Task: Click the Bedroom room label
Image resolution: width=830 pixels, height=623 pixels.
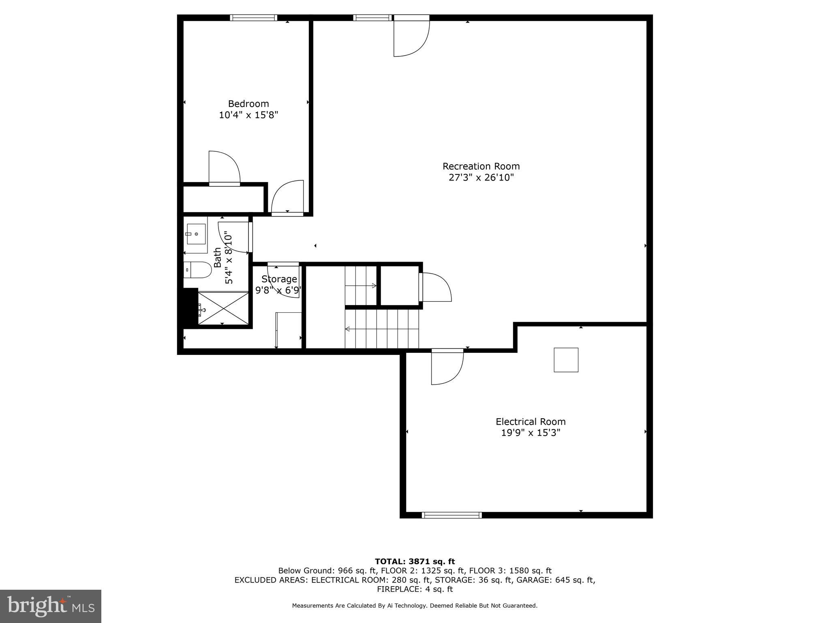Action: pyautogui.click(x=248, y=104)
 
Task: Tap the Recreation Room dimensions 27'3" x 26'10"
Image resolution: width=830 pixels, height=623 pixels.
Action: pyautogui.click(x=481, y=178)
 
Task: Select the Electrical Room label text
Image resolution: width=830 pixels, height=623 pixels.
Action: pyautogui.click(x=531, y=422)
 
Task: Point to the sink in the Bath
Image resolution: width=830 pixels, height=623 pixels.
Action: pyautogui.click(x=196, y=234)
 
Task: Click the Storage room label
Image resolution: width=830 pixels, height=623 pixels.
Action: pyautogui.click(x=279, y=279)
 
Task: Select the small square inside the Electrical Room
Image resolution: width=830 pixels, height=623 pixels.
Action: pyautogui.click(x=566, y=360)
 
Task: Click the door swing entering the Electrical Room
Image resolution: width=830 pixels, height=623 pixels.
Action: pyautogui.click(x=446, y=367)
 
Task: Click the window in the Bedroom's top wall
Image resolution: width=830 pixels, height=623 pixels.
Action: pyautogui.click(x=254, y=17)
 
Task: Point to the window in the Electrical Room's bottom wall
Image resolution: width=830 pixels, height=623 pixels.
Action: pyautogui.click(x=451, y=515)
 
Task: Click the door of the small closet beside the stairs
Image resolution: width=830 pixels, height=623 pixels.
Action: pyautogui.click(x=436, y=287)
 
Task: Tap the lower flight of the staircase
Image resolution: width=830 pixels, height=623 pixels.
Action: pyautogui.click(x=381, y=329)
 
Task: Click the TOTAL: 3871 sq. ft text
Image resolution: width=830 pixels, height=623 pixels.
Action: pyautogui.click(x=415, y=561)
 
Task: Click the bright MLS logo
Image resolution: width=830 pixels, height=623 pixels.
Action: pyautogui.click(x=51, y=606)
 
